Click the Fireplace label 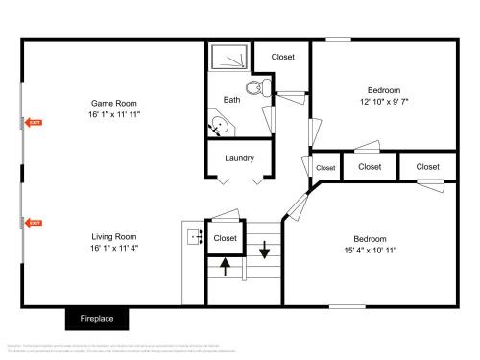[97, 318]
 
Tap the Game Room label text [114, 103]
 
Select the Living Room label [114, 236]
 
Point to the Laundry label [239, 158]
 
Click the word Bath [232, 100]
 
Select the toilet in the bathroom [254, 89]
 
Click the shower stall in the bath [228, 58]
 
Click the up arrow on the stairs [226, 266]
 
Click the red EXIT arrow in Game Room [34, 123]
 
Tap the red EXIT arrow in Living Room [34, 224]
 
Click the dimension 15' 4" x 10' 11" [370, 250]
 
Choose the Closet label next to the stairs [226, 238]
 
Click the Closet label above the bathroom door [283, 57]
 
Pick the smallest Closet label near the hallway [325, 168]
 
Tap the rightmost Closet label [427, 167]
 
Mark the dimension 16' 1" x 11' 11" [114, 114]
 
